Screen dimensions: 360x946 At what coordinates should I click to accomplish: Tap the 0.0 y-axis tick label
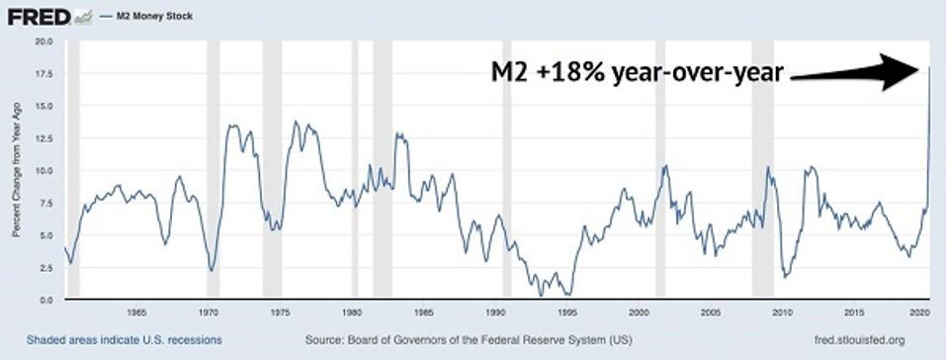(x=44, y=300)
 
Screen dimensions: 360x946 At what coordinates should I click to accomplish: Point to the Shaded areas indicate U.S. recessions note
(x=124, y=339)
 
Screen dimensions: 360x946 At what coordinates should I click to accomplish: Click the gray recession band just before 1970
(x=213, y=168)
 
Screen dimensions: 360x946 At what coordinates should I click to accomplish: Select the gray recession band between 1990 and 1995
(x=507, y=168)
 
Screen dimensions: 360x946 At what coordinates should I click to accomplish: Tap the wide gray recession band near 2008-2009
(x=762, y=168)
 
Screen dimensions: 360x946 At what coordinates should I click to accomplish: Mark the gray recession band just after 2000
(x=660, y=168)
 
